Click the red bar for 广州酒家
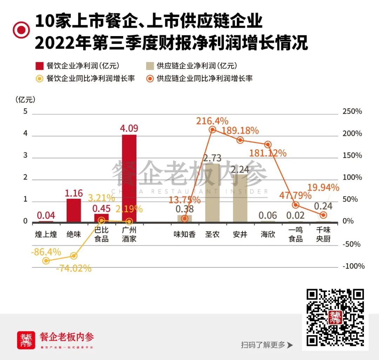(129, 178)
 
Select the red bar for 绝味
(74, 210)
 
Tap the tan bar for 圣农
(212, 193)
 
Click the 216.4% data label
(212, 121)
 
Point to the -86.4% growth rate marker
(46, 260)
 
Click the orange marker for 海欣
(268, 144)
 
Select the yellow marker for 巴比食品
(101, 220)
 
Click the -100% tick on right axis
(353, 266)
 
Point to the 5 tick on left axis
(25, 111)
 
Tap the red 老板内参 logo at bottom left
(26, 340)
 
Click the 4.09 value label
(129, 128)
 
